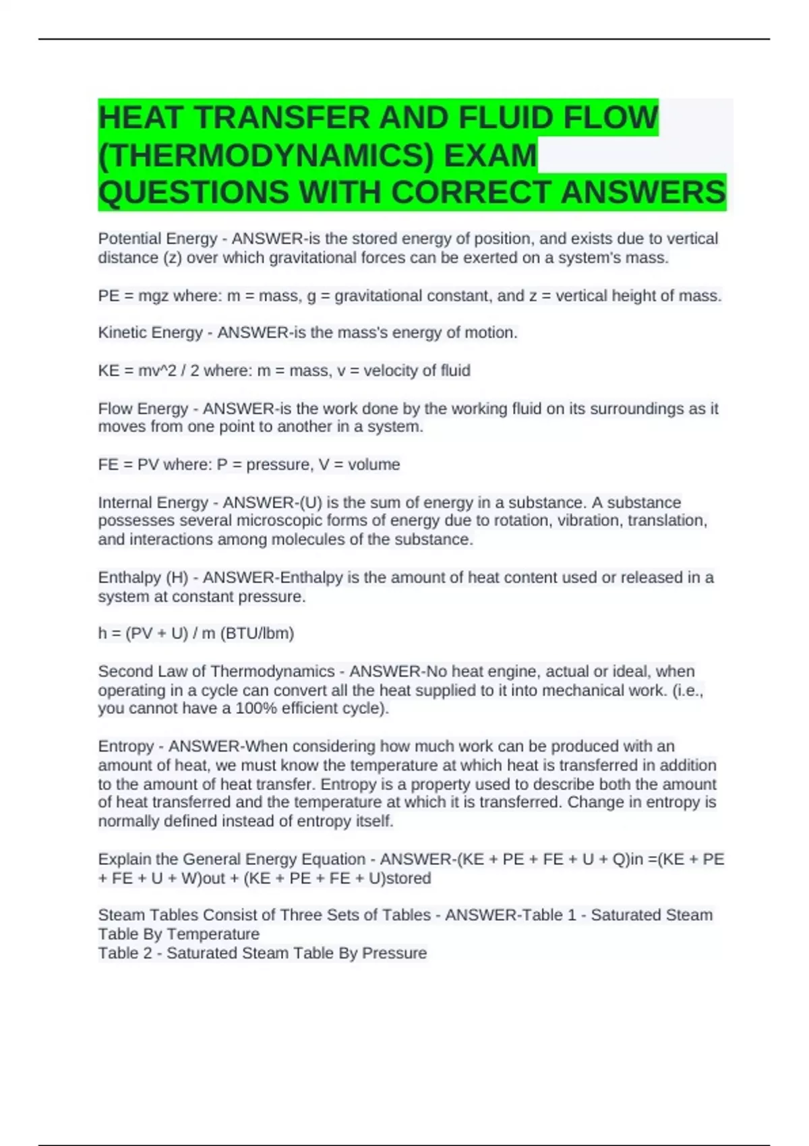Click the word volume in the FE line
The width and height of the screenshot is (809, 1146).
[x=373, y=464]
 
